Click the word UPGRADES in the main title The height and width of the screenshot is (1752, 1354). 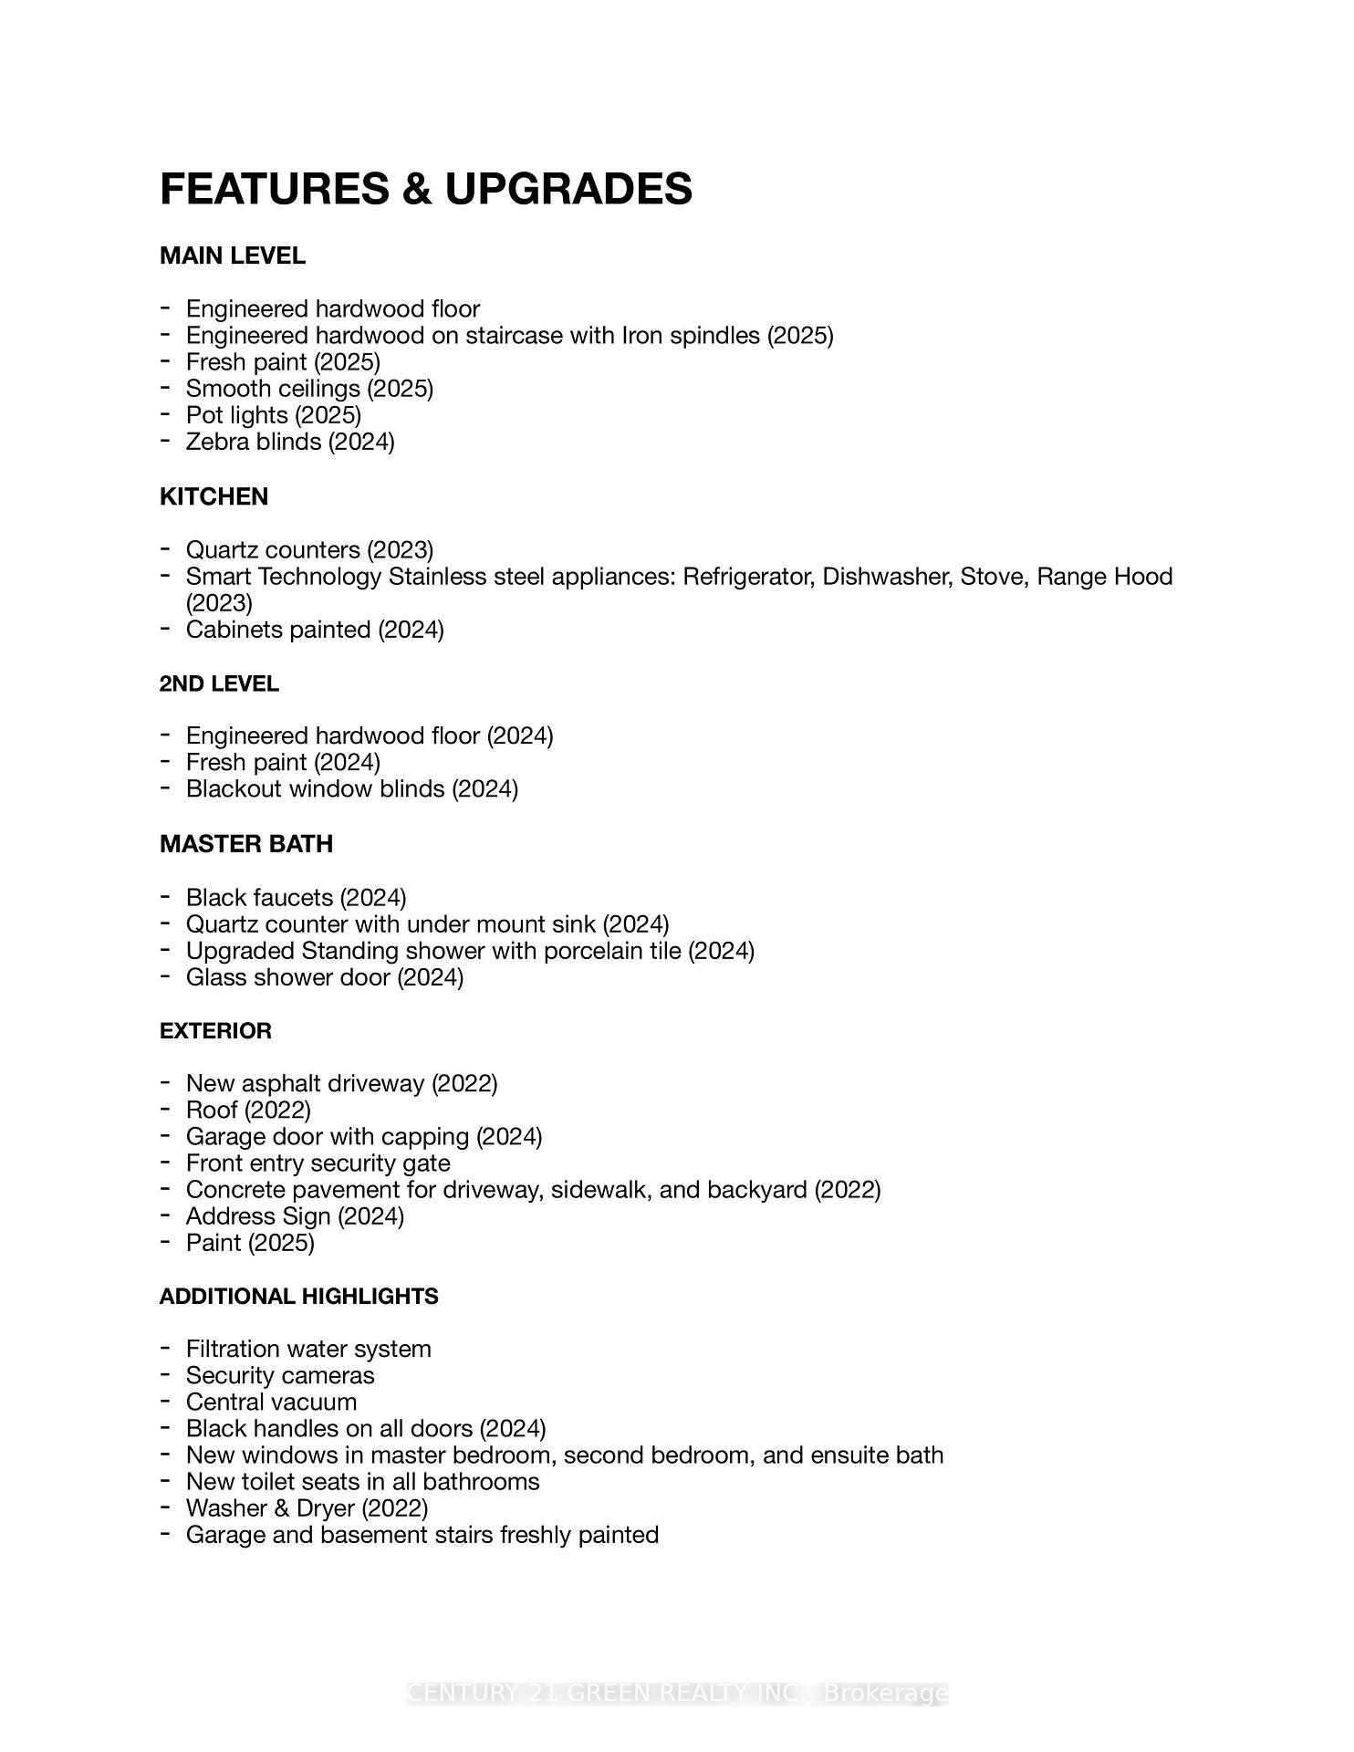point(568,189)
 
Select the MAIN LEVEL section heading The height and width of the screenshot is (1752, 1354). point(233,256)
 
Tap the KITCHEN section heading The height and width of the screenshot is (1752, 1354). point(214,497)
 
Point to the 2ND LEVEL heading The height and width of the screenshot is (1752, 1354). point(219,684)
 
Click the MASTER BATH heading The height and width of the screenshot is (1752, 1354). point(246,844)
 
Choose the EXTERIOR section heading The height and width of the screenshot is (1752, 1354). point(215,1031)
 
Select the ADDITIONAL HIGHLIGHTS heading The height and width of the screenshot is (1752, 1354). point(298,1297)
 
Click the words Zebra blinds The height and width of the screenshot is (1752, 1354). point(254,443)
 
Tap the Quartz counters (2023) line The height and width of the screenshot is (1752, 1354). point(309,550)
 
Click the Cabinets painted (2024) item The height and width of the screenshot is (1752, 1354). point(315,630)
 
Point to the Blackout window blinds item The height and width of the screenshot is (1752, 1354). point(351,789)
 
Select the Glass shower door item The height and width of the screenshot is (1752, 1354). point(324,978)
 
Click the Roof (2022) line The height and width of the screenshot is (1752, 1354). point(248,1111)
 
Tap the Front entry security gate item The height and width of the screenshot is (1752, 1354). point(318,1163)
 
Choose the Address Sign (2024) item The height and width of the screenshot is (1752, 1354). point(295,1216)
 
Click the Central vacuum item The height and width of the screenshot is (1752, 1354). point(271,1403)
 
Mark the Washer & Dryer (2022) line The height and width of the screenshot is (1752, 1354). point(307,1508)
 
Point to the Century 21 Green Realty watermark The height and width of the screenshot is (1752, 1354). point(677,1694)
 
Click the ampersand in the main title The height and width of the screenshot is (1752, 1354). point(415,189)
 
